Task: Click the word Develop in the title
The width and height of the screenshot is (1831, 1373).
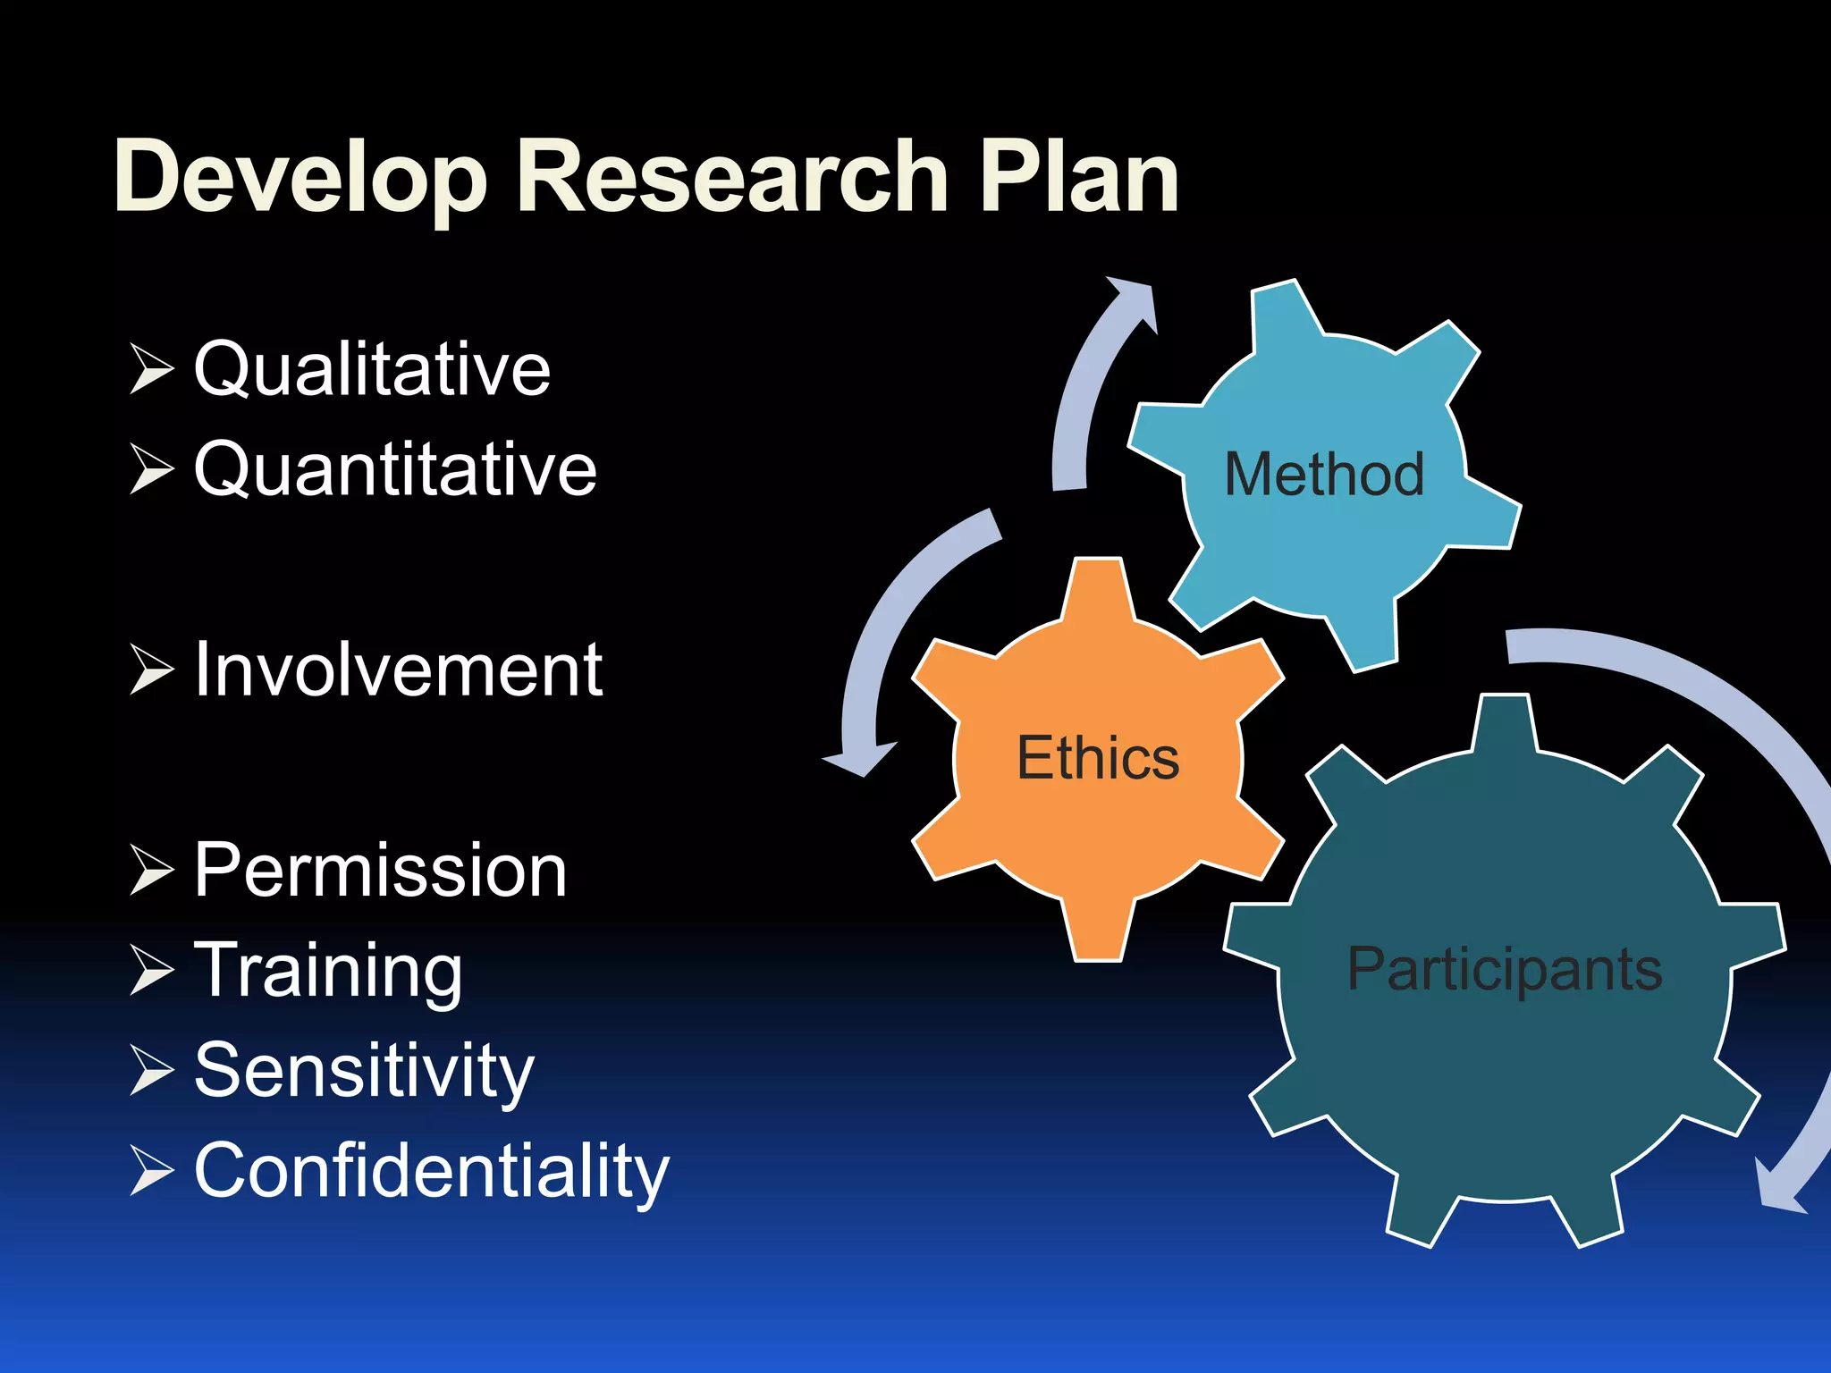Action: pyautogui.click(x=300, y=179)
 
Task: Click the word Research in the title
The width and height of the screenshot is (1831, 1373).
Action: pyautogui.click(x=731, y=179)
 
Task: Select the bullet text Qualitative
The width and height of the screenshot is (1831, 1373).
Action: pyautogui.click(x=372, y=369)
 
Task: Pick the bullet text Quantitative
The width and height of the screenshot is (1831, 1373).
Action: pyautogui.click(x=395, y=469)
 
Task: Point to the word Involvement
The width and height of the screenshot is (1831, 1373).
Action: pyautogui.click(x=399, y=670)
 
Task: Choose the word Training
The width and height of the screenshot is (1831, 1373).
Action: pyautogui.click(x=329, y=971)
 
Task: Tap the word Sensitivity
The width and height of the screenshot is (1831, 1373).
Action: pyautogui.click(x=364, y=1071)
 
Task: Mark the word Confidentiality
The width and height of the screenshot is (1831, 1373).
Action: pyautogui.click(x=432, y=1171)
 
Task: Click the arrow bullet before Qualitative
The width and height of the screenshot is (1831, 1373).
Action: pyautogui.click(x=151, y=368)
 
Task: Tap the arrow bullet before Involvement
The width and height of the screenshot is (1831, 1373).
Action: pyautogui.click(x=151, y=670)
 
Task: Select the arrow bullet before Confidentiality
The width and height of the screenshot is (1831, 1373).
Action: pyautogui.click(x=151, y=1171)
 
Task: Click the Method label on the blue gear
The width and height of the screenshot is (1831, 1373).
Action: pyautogui.click(x=1324, y=475)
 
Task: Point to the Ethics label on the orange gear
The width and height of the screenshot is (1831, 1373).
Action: pyautogui.click(x=1098, y=759)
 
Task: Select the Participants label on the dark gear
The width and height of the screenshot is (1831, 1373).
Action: pyautogui.click(x=1505, y=969)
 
